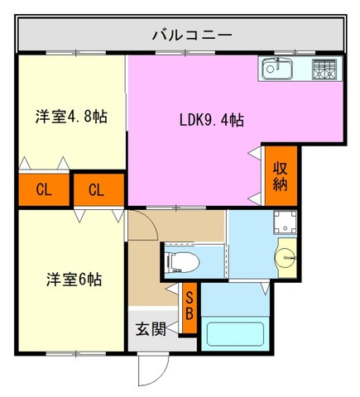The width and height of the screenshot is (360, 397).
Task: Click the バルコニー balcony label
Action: click(192, 36)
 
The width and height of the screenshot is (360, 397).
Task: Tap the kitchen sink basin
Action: click(277, 68)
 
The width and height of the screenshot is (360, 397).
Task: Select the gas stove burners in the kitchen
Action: click(324, 69)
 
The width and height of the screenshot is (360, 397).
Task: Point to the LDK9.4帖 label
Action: click(212, 120)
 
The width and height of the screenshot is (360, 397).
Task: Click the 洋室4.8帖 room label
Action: click(71, 117)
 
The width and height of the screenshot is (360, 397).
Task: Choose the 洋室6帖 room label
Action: click(74, 279)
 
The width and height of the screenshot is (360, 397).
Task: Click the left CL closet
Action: click(44, 190)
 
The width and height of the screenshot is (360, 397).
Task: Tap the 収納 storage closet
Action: click(281, 176)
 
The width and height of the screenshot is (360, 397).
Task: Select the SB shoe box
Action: click(190, 308)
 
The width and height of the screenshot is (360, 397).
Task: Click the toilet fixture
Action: click(182, 262)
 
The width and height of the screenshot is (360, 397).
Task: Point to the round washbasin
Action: click(286, 258)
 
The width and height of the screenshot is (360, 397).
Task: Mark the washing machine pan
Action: click(285, 222)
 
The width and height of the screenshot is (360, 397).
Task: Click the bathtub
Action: click(235, 333)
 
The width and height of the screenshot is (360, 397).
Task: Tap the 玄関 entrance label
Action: click(151, 329)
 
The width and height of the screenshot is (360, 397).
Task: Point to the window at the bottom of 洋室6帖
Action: click(76, 353)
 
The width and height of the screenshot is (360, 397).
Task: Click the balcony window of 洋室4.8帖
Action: click(76, 52)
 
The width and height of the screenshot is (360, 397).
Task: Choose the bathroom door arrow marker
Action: click(265, 289)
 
